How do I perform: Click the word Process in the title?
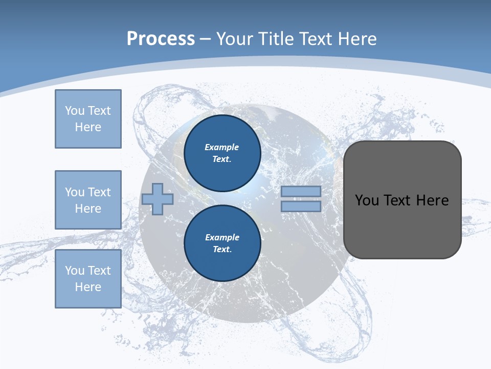161,39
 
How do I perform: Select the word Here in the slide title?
355,39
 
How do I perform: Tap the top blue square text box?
88,119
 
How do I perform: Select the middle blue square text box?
88,200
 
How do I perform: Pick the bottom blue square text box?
88,279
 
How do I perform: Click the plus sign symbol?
158,199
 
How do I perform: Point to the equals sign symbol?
301,199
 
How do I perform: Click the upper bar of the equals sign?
301,191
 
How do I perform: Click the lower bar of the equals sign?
301,207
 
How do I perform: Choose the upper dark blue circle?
222,153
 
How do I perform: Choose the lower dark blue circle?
222,243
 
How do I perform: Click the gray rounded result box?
402,200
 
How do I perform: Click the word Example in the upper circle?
222,147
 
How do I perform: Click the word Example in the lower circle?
222,237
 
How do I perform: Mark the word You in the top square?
74,111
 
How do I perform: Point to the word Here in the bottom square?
88,287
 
